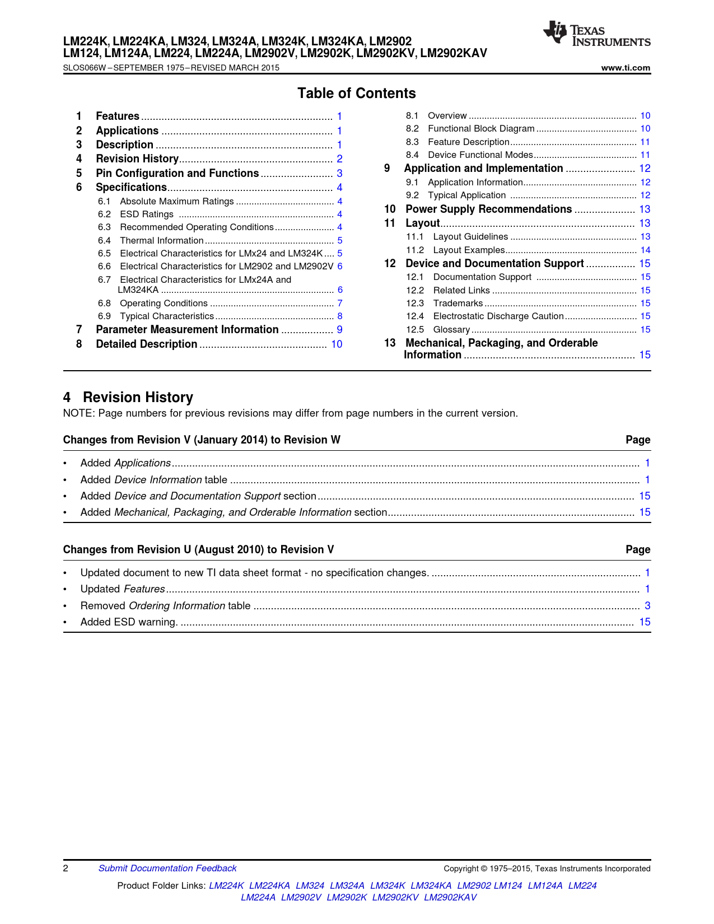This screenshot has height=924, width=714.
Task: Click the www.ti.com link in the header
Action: point(626,68)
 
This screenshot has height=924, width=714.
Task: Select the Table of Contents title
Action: point(357,94)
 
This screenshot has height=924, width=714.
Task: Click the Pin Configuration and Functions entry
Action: point(177,174)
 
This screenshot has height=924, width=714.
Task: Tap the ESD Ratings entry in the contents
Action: point(147,214)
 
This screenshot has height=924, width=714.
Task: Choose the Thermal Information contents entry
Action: point(161,241)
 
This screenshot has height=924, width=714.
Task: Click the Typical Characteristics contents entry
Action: point(167,316)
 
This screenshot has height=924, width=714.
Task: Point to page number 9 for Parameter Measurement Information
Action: point(339,330)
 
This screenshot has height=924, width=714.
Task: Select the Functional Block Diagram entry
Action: point(481,129)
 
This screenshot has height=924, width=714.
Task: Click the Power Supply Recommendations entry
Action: point(488,209)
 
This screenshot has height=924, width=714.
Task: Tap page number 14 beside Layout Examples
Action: point(645,250)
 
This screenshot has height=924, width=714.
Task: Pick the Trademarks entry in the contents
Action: point(458,304)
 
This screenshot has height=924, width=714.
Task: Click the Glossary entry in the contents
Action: point(451,330)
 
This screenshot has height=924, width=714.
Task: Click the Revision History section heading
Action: point(138,398)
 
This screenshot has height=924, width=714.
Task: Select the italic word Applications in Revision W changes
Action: point(142,463)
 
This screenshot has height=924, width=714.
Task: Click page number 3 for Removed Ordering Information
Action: point(647,606)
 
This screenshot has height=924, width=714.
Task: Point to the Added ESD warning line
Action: point(129,622)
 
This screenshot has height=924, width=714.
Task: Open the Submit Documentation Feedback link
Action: point(167,869)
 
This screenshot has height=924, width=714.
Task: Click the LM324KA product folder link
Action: point(431,886)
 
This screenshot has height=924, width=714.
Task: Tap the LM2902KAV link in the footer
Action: point(450,898)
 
